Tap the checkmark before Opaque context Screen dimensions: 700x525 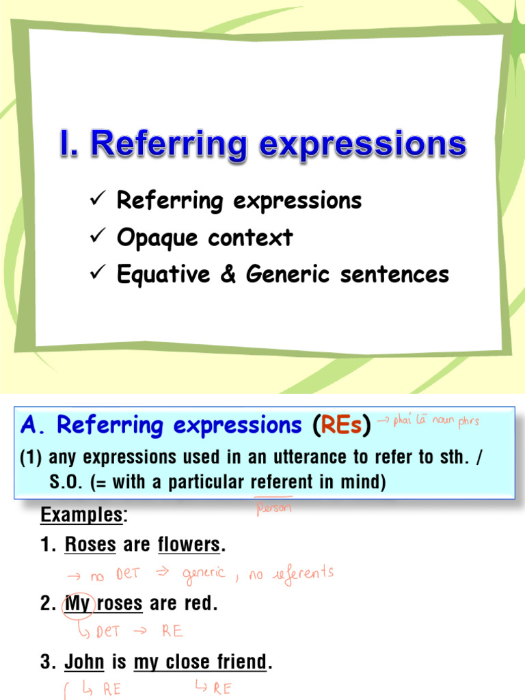(x=95, y=237)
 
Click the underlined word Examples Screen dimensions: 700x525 (x=81, y=515)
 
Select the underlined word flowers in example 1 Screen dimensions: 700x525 (x=189, y=546)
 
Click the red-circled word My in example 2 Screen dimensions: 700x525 (x=77, y=604)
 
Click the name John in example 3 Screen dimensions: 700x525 (x=84, y=662)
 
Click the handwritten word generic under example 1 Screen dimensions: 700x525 (x=203, y=574)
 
